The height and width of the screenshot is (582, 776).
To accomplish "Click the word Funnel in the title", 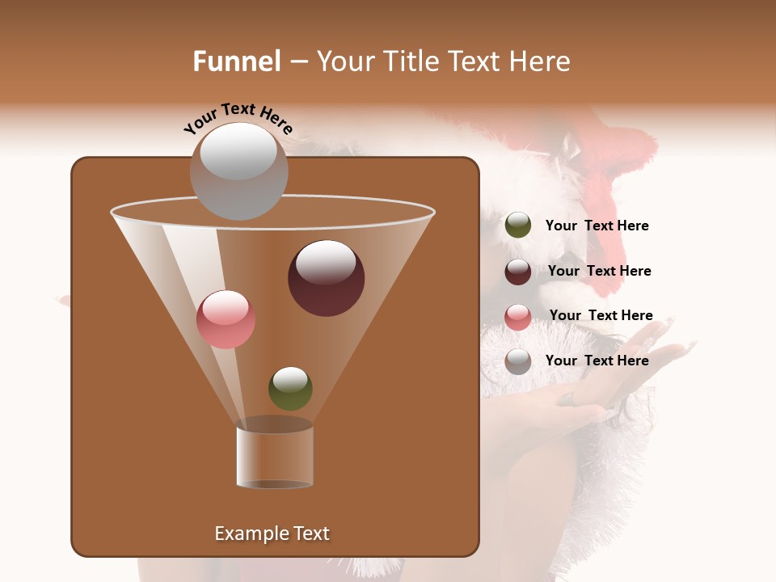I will tap(236, 61).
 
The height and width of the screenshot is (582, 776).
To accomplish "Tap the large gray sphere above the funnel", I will tap(238, 171).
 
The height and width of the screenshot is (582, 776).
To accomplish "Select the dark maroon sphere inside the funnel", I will tap(326, 278).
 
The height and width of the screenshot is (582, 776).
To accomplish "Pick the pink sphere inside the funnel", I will tap(226, 319).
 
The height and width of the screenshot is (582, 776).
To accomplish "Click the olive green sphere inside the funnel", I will tap(290, 389).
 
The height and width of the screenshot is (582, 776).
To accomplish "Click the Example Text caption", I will tap(272, 533).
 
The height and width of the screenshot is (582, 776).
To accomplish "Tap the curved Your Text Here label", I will tap(238, 118).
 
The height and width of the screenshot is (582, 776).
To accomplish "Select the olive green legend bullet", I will tap(518, 226).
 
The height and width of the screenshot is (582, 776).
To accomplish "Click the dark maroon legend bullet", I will tap(518, 272).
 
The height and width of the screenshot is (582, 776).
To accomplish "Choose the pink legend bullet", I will tap(518, 317).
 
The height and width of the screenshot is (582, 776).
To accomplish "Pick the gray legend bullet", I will tap(518, 361).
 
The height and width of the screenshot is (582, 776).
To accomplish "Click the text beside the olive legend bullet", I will tap(597, 226).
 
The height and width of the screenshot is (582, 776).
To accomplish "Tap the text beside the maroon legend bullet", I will tap(599, 271).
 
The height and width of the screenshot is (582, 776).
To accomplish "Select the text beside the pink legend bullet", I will tap(601, 315).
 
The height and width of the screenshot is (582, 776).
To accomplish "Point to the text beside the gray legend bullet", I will tap(597, 361).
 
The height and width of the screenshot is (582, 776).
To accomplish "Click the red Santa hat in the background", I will tap(622, 154).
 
